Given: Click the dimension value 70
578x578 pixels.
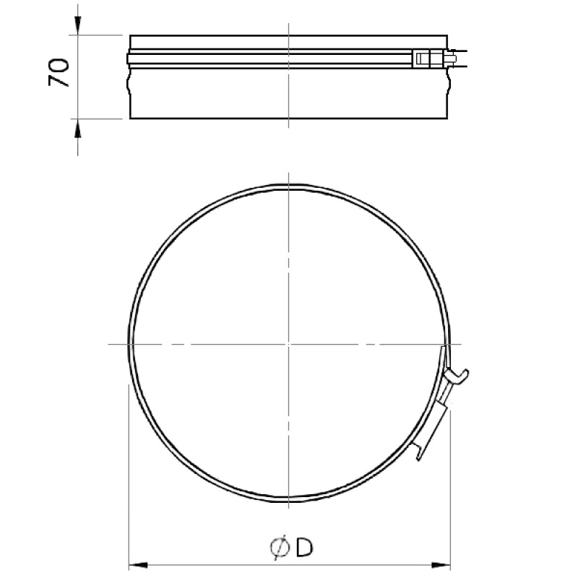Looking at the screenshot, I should tap(59, 74).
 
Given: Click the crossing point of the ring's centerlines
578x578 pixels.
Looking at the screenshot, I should tap(288, 345).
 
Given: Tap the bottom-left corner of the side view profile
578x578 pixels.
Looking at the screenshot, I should tap(131, 118).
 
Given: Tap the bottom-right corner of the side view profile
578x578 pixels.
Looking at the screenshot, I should tap(448, 118).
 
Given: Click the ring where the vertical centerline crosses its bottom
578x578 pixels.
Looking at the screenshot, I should tap(288, 504).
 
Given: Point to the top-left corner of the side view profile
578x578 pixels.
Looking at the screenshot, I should tap(131, 35).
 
